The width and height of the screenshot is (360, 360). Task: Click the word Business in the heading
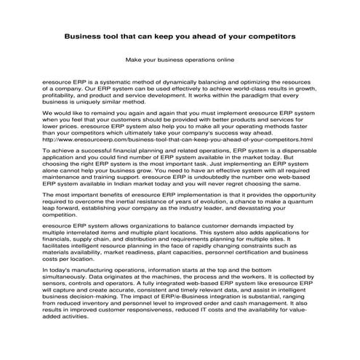(86, 34)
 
